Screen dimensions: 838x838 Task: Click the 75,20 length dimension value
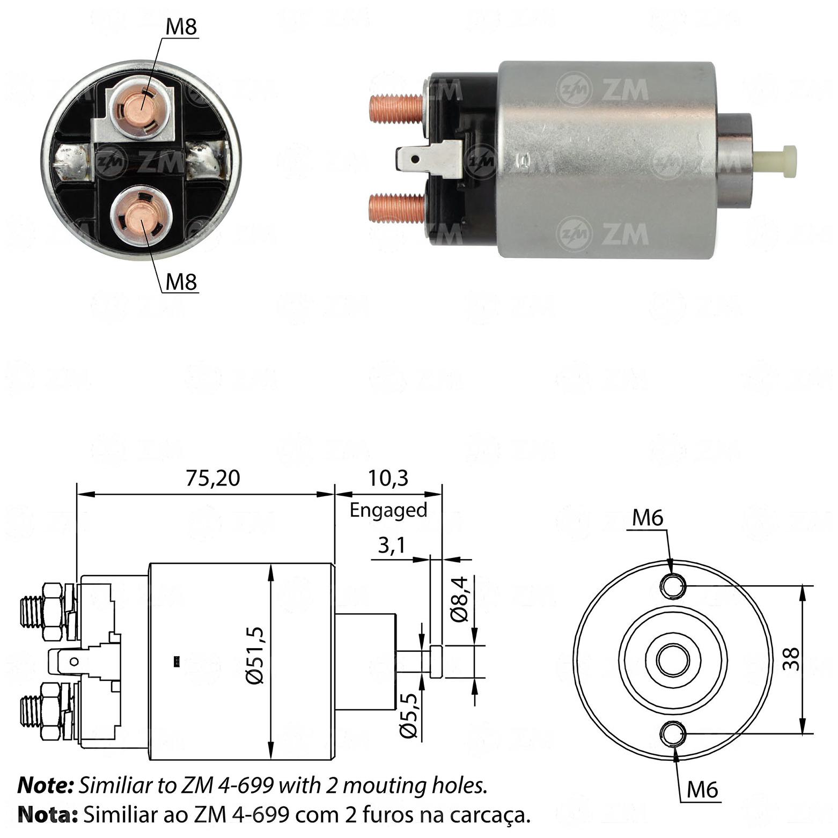coord(213,477)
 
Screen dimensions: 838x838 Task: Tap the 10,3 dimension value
coord(388,477)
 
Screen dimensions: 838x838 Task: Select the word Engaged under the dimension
coord(388,510)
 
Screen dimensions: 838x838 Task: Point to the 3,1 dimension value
coord(391,546)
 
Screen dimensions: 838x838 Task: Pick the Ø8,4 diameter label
coord(460,599)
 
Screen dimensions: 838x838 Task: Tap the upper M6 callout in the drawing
coord(648,518)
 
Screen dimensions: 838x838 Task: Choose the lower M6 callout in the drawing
coord(702,789)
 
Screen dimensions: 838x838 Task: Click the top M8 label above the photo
coord(181,27)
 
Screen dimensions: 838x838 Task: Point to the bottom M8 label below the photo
coord(181,282)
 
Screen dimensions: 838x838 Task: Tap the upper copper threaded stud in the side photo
coord(398,107)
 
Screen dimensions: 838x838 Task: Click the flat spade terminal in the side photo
coord(429,159)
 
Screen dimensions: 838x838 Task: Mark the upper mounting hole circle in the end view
coord(673,585)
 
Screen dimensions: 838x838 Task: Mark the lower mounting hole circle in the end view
coord(673,734)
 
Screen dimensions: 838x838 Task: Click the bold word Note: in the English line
coord(46,785)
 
